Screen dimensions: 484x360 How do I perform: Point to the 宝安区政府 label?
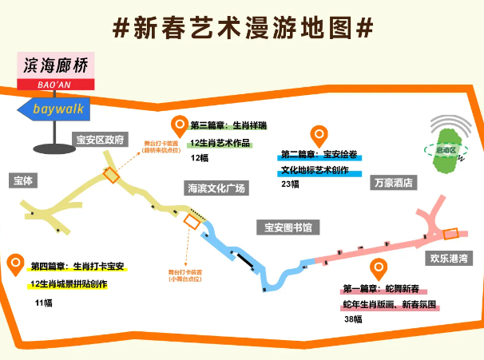click(x=100, y=140)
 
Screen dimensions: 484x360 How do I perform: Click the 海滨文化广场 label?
click(x=216, y=188)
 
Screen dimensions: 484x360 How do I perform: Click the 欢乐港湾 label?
click(x=448, y=258)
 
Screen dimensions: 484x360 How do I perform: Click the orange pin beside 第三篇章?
click(x=179, y=125)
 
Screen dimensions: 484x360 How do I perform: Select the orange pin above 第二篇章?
click(x=319, y=136)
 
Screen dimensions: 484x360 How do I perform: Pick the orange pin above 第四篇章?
click(x=16, y=264)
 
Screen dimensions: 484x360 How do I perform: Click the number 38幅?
click(x=353, y=319)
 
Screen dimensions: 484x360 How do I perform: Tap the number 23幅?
click(x=290, y=184)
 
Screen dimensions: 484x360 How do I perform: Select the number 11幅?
click(x=43, y=303)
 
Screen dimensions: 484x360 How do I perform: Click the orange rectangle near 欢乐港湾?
click(x=451, y=234)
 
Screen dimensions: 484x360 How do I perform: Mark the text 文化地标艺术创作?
click(x=315, y=170)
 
